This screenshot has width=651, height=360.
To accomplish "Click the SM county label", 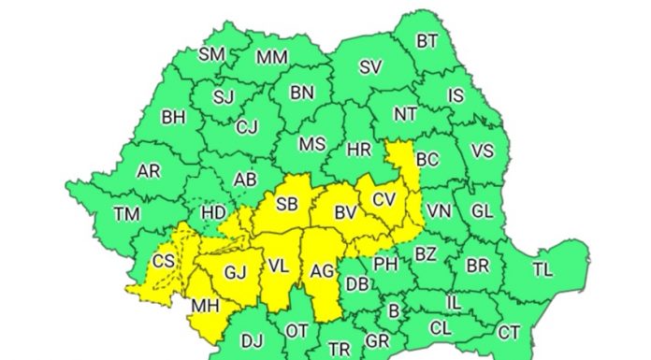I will click(x=212, y=54).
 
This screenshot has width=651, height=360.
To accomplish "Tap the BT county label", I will click(x=427, y=40).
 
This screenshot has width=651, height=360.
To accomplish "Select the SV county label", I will click(x=371, y=67).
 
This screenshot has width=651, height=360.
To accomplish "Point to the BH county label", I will click(x=174, y=118).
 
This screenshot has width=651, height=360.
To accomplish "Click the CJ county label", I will click(x=247, y=126).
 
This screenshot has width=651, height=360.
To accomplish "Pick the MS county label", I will click(x=311, y=144).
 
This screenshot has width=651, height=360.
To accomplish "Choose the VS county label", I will click(x=483, y=151).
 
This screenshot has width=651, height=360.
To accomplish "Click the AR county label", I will click(x=149, y=172).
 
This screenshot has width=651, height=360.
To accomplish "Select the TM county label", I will click(x=127, y=214).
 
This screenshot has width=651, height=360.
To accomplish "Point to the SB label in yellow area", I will click(x=287, y=204).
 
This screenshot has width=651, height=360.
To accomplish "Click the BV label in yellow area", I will click(x=345, y=213).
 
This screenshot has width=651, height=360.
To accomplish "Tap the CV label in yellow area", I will click(x=384, y=199).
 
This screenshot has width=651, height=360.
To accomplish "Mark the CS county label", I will click(x=164, y=261).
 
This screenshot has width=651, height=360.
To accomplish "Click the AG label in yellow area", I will click(x=322, y=273).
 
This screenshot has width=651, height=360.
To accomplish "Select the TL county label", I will click(x=542, y=269).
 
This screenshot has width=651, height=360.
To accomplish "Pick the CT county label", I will click(x=509, y=332).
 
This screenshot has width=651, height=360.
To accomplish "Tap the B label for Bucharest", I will click(x=394, y=311).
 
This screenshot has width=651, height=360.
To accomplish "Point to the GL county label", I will click(x=482, y=211).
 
